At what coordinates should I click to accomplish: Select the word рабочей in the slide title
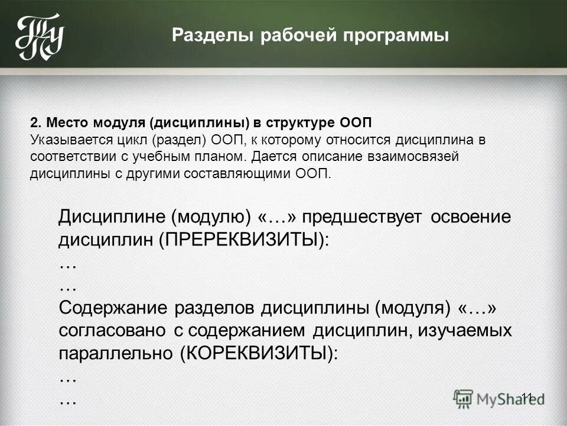point(295,35)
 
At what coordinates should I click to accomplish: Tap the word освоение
point(470,217)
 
